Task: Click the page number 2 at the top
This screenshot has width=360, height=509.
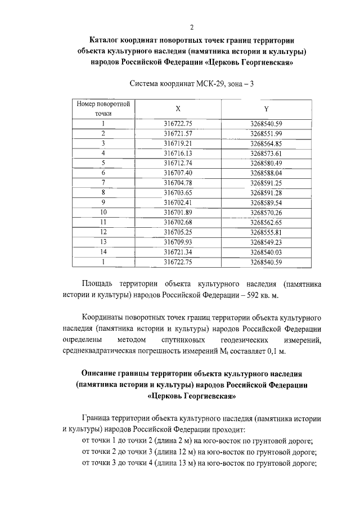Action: click(192, 26)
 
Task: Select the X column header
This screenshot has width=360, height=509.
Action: click(178, 109)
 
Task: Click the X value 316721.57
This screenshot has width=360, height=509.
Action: click(178, 133)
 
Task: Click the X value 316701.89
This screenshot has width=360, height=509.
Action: click(178, 212)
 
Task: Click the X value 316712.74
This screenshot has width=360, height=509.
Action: click(178, 163)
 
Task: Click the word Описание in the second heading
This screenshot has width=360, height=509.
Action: click(103, 374)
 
